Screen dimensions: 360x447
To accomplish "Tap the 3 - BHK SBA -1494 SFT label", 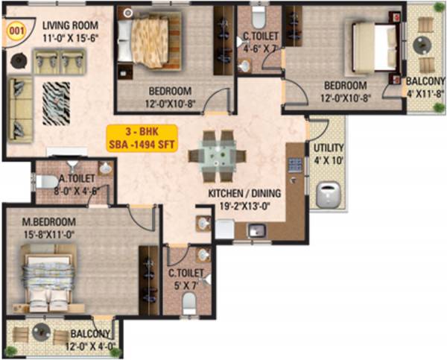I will (142, 136).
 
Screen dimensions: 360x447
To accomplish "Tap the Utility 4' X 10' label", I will (327, 154).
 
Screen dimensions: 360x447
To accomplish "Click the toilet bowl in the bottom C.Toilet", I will (189, 302).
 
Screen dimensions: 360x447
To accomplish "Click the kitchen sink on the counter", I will (258, 230).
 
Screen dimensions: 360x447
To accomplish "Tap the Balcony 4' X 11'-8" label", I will (424, 87).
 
